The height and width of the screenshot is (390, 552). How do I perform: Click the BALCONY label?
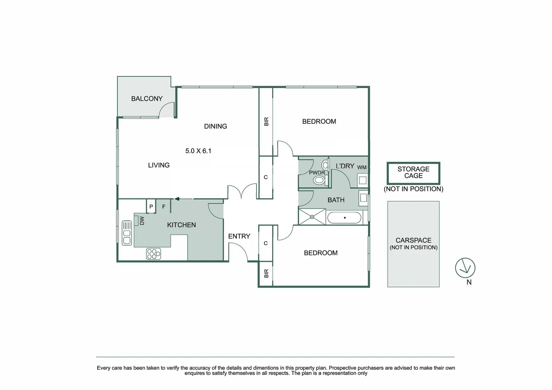pos(147,99)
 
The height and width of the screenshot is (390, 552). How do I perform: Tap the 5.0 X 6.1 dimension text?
pos(198,151)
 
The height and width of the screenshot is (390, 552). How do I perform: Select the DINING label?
pos(215,126)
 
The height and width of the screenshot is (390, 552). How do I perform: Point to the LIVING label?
pos(159,165)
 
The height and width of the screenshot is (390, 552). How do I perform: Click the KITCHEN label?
pos(181,225)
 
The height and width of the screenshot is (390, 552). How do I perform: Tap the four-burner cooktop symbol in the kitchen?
pos(154,254)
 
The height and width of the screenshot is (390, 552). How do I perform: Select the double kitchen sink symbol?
pos(127,233)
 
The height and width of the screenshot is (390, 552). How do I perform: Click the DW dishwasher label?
pos(142,221)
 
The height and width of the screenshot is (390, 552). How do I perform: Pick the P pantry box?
pos(151,207)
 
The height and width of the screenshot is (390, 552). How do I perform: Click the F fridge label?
pos(164,207)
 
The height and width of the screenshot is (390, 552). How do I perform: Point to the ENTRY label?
pos(239,236)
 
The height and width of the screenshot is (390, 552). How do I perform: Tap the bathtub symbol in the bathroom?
pos(344,218)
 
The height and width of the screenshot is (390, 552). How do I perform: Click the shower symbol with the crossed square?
pos(312,217)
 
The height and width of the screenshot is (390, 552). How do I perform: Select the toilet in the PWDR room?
pos(319,180)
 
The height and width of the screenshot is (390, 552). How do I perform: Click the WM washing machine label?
pos(362,167)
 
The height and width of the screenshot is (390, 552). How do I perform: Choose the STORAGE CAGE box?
pos(413,173)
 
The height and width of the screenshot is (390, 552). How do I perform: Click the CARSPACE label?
pos(413,240)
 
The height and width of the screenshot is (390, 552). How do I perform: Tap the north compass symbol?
pos(465,268)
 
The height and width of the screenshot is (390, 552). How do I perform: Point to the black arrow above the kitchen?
pos(177,199)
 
